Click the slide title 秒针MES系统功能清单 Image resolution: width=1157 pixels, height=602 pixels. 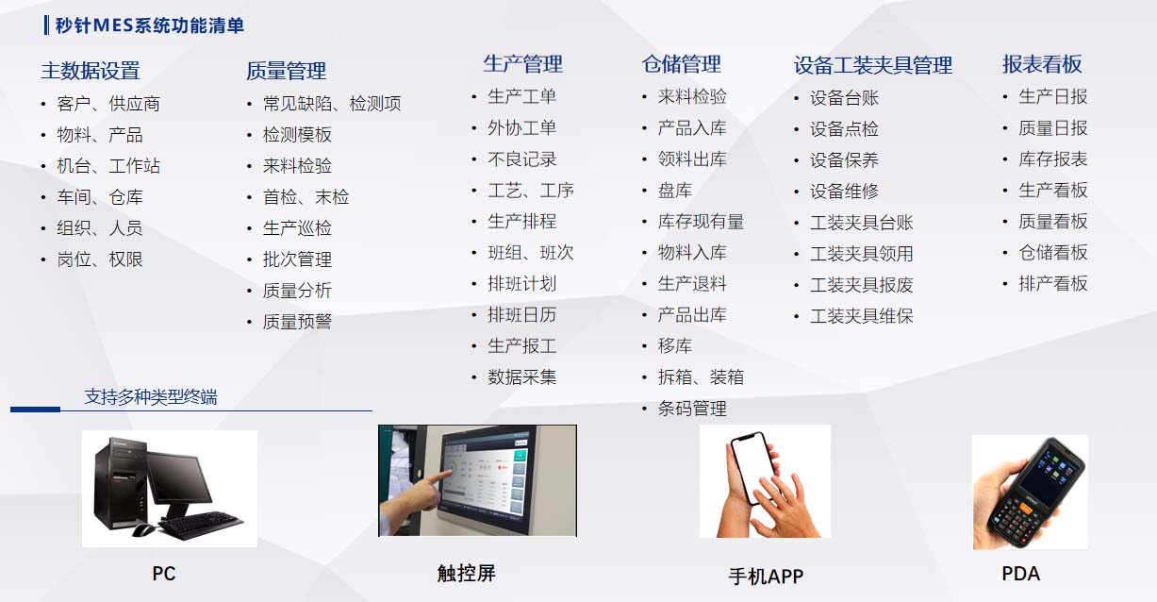click(x=150, y=25)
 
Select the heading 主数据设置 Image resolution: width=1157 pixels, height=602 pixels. click(x=90, y=71)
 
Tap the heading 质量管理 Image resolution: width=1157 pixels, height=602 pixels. click(x=286, y=71)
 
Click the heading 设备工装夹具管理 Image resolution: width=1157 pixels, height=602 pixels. click(x=872, y=65)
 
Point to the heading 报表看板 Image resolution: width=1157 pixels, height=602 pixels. click(x=1041, y=64)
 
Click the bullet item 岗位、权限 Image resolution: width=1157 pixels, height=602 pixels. click(x=100, y=259)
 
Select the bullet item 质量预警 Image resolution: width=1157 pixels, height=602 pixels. click(x=297, y=322)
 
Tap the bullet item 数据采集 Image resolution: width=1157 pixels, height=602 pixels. click(x=521, y=377)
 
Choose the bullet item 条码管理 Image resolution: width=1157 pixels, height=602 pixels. click(x=692, y=409)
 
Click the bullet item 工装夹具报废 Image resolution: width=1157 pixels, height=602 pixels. click(x=861, y=285)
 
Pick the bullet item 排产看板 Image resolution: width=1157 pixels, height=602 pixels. click(x=1052, y=283)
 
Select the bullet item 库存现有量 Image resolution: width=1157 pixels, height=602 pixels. click(x=701, y=222)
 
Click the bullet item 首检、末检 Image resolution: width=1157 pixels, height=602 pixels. click(x=306, y=197)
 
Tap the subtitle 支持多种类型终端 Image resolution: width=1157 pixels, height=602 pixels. click(x=151, y=397)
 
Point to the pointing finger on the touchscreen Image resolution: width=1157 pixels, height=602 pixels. click(x=429, y=484)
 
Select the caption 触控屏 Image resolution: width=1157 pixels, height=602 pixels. click(x=466, y=573)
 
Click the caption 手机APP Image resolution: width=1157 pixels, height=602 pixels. click(x=766, y=577)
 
